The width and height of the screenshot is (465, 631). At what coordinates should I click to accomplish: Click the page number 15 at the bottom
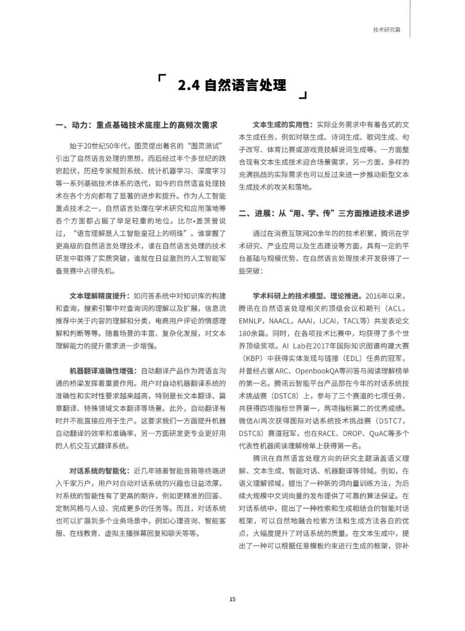[232, 599]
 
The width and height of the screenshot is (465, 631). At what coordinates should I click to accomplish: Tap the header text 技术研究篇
[386, 30]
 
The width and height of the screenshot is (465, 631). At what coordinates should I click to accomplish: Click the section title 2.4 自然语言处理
[232, 85]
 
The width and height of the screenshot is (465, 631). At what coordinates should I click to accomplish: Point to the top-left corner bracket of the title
[162, 77]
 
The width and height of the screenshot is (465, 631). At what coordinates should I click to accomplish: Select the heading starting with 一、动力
[136, 125]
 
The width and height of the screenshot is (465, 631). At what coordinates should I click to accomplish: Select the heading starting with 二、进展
[324, 213]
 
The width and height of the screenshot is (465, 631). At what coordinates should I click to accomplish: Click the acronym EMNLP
[251, 321]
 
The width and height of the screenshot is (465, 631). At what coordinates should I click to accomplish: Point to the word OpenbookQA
[307, 371]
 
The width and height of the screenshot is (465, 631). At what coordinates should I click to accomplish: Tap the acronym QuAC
[379, 433]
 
